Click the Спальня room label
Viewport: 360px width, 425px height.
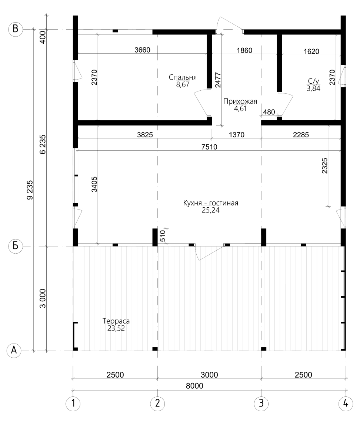pos(183,77)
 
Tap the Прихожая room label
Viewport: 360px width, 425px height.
pos(240,101)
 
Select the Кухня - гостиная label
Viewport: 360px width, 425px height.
pos(211,203)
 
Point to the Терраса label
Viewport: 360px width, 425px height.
pos(116,321)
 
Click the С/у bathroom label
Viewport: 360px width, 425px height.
pos(313,81)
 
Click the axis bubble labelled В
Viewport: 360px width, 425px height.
pos(16,29)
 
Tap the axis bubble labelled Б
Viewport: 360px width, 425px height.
pos(16,246)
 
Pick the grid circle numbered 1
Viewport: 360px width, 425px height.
pos(73,404)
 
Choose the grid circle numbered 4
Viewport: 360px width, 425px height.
pos(346,404)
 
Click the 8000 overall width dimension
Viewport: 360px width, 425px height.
pos(194,386)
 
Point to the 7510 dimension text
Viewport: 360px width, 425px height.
pos(209,147)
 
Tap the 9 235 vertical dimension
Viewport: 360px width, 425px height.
pos(30,190)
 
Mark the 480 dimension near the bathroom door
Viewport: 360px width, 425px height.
pos(269,112)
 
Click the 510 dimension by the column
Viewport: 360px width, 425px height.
pos(163,236)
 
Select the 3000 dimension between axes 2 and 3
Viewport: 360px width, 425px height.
pos(209,375)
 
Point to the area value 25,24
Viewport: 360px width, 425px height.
pos(211,210)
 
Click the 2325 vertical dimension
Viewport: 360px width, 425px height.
pos(324,166)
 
